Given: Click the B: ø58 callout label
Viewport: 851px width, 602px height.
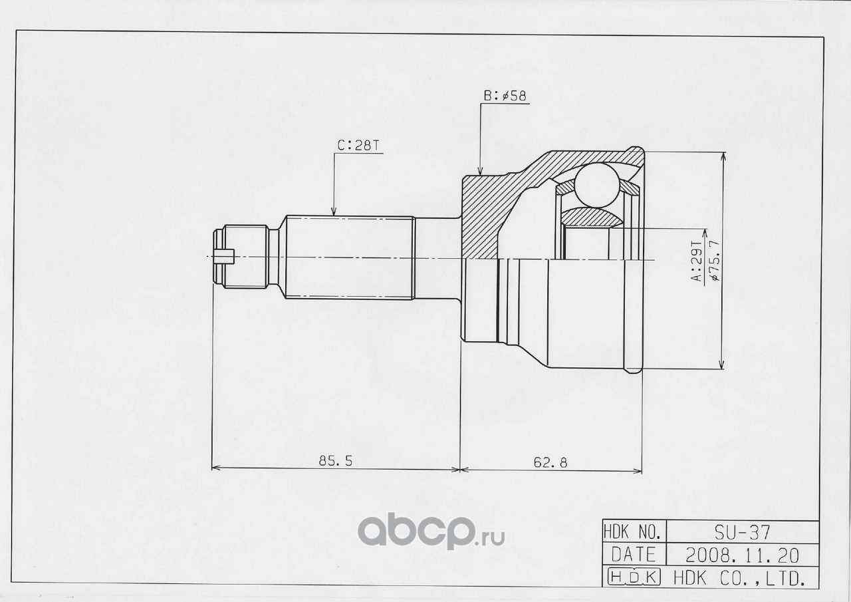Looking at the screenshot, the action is click(x=505, y=96).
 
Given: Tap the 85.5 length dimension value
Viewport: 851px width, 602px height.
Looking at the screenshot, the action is click(x=336, y=461).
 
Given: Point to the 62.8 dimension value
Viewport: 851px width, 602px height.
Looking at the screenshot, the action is click(x=550, y=462).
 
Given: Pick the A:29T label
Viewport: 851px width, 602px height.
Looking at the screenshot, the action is click(x=697, y=261).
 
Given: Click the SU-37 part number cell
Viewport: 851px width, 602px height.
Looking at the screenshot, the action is click(x=743, y=532).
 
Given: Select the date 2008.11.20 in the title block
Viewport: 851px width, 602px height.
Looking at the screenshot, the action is click(x=743, y=555).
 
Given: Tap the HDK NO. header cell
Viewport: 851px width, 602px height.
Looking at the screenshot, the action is click(x=634, y=532).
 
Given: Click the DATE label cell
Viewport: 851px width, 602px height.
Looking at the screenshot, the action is click(x=634, y=555).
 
